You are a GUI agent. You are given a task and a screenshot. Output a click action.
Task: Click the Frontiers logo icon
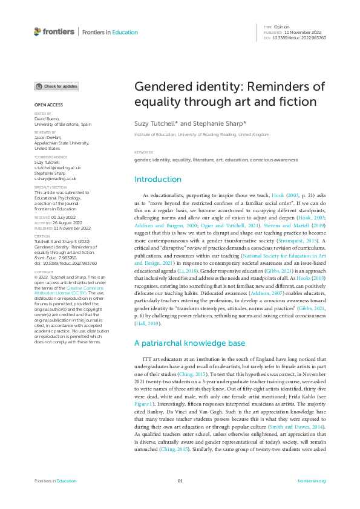pos(38,31)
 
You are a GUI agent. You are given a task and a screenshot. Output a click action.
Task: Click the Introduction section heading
pos(157,180)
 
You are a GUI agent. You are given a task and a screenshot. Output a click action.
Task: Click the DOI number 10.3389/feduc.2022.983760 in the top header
pos(299,37)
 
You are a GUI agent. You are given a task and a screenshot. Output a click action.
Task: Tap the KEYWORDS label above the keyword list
pos(143,152)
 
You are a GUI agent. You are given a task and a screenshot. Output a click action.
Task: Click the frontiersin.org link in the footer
pos(312,481)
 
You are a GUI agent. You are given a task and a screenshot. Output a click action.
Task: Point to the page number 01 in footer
pos(180,481)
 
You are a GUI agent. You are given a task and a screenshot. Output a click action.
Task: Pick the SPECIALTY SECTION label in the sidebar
pos(50,187)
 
